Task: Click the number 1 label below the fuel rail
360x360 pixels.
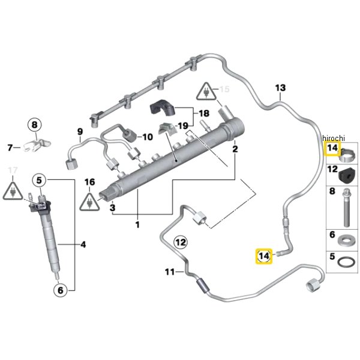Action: tap(137, 225)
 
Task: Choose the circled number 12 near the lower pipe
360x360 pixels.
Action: tap(181, 242)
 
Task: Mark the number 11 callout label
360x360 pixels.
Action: tap(170, 272)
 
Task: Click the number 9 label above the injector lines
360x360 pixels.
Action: tap(79, 132)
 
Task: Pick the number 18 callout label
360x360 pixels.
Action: tap(203, 113)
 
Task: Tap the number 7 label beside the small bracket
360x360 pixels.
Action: tap(10, 147)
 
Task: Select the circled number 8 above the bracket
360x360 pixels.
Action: tap(34, 125)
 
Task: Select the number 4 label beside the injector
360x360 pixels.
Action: tap(83, 244)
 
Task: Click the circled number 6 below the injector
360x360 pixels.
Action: tap(59, 290)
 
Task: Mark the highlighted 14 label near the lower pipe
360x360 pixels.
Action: tap(263, 256)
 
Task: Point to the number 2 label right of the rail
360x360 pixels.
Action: tap(235, 148)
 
